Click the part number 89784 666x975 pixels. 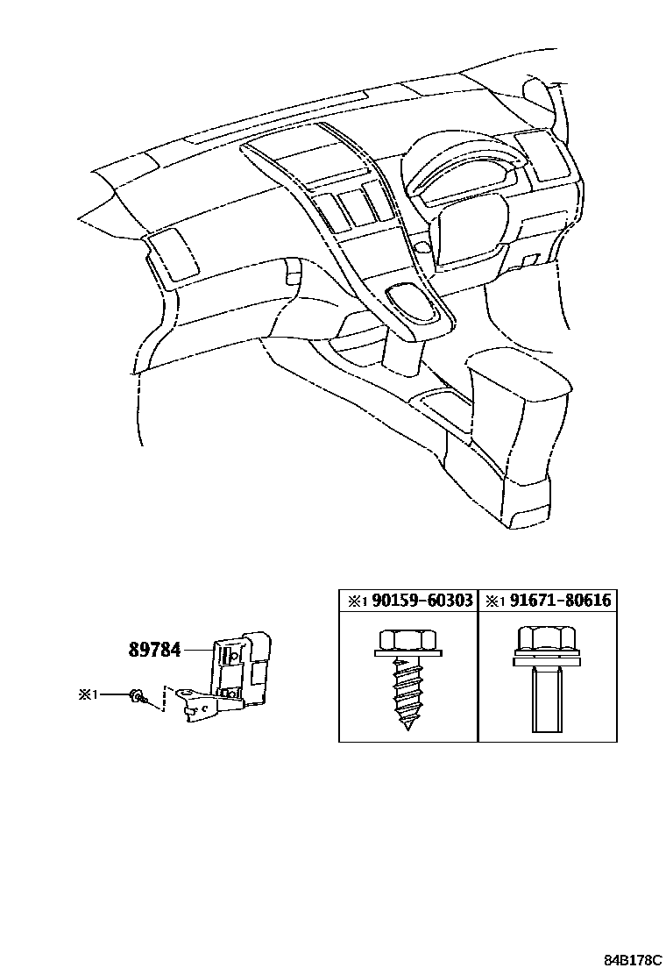click(x=155, y=650)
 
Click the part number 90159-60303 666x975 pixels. click(x=422, y=601)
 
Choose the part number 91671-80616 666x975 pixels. click(x=561, y=601)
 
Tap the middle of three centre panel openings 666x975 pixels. click(x=356, y=207)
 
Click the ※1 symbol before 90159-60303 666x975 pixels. click(x=354, y=601)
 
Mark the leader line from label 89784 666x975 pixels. click(x=200, y=650)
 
